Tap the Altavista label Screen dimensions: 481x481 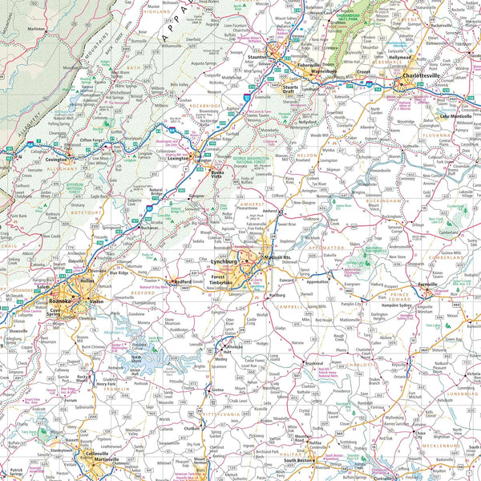tap(210, 351)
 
